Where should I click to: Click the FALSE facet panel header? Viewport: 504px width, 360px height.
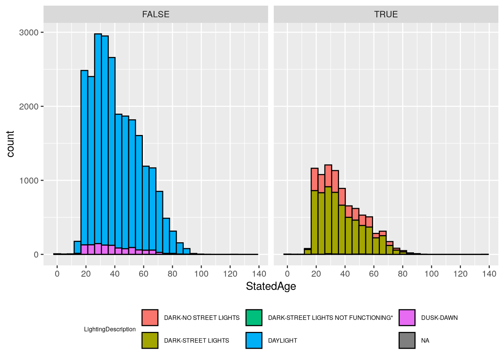(x=156, y=14)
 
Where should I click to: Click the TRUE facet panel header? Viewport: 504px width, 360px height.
(x=386, y=14)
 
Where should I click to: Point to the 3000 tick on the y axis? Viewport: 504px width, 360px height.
(x=29, y=33)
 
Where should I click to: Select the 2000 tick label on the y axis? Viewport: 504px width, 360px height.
(x=29, y=106)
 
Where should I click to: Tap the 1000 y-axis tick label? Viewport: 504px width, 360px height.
(x=29, y=180)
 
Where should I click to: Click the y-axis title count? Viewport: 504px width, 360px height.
(x=10, y=144)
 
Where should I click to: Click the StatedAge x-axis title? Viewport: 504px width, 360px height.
(x=271, y=286)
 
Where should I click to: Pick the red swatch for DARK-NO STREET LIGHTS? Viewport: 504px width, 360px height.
(x=150, y=318)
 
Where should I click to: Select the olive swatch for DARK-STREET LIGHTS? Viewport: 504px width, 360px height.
(x=150, y=340)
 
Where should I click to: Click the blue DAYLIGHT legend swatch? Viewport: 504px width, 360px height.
(x=254, y=340)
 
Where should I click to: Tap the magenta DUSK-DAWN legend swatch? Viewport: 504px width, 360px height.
(x=407, y=318)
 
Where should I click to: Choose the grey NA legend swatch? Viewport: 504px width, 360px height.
(x=407, y=340)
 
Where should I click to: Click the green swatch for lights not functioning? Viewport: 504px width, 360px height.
(x=254, y=318)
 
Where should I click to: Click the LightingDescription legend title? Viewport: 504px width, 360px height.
(x=110, y=329)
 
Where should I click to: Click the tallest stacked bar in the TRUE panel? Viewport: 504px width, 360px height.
(x=328, y=210)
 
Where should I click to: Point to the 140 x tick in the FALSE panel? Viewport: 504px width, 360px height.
(x=259, y=274)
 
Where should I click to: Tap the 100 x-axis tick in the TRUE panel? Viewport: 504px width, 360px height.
(x=431, y=274)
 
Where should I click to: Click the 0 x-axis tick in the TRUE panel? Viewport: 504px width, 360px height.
(x=287, y=274)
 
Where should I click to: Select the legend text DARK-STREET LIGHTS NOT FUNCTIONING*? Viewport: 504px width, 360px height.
(x=330, y=318)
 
